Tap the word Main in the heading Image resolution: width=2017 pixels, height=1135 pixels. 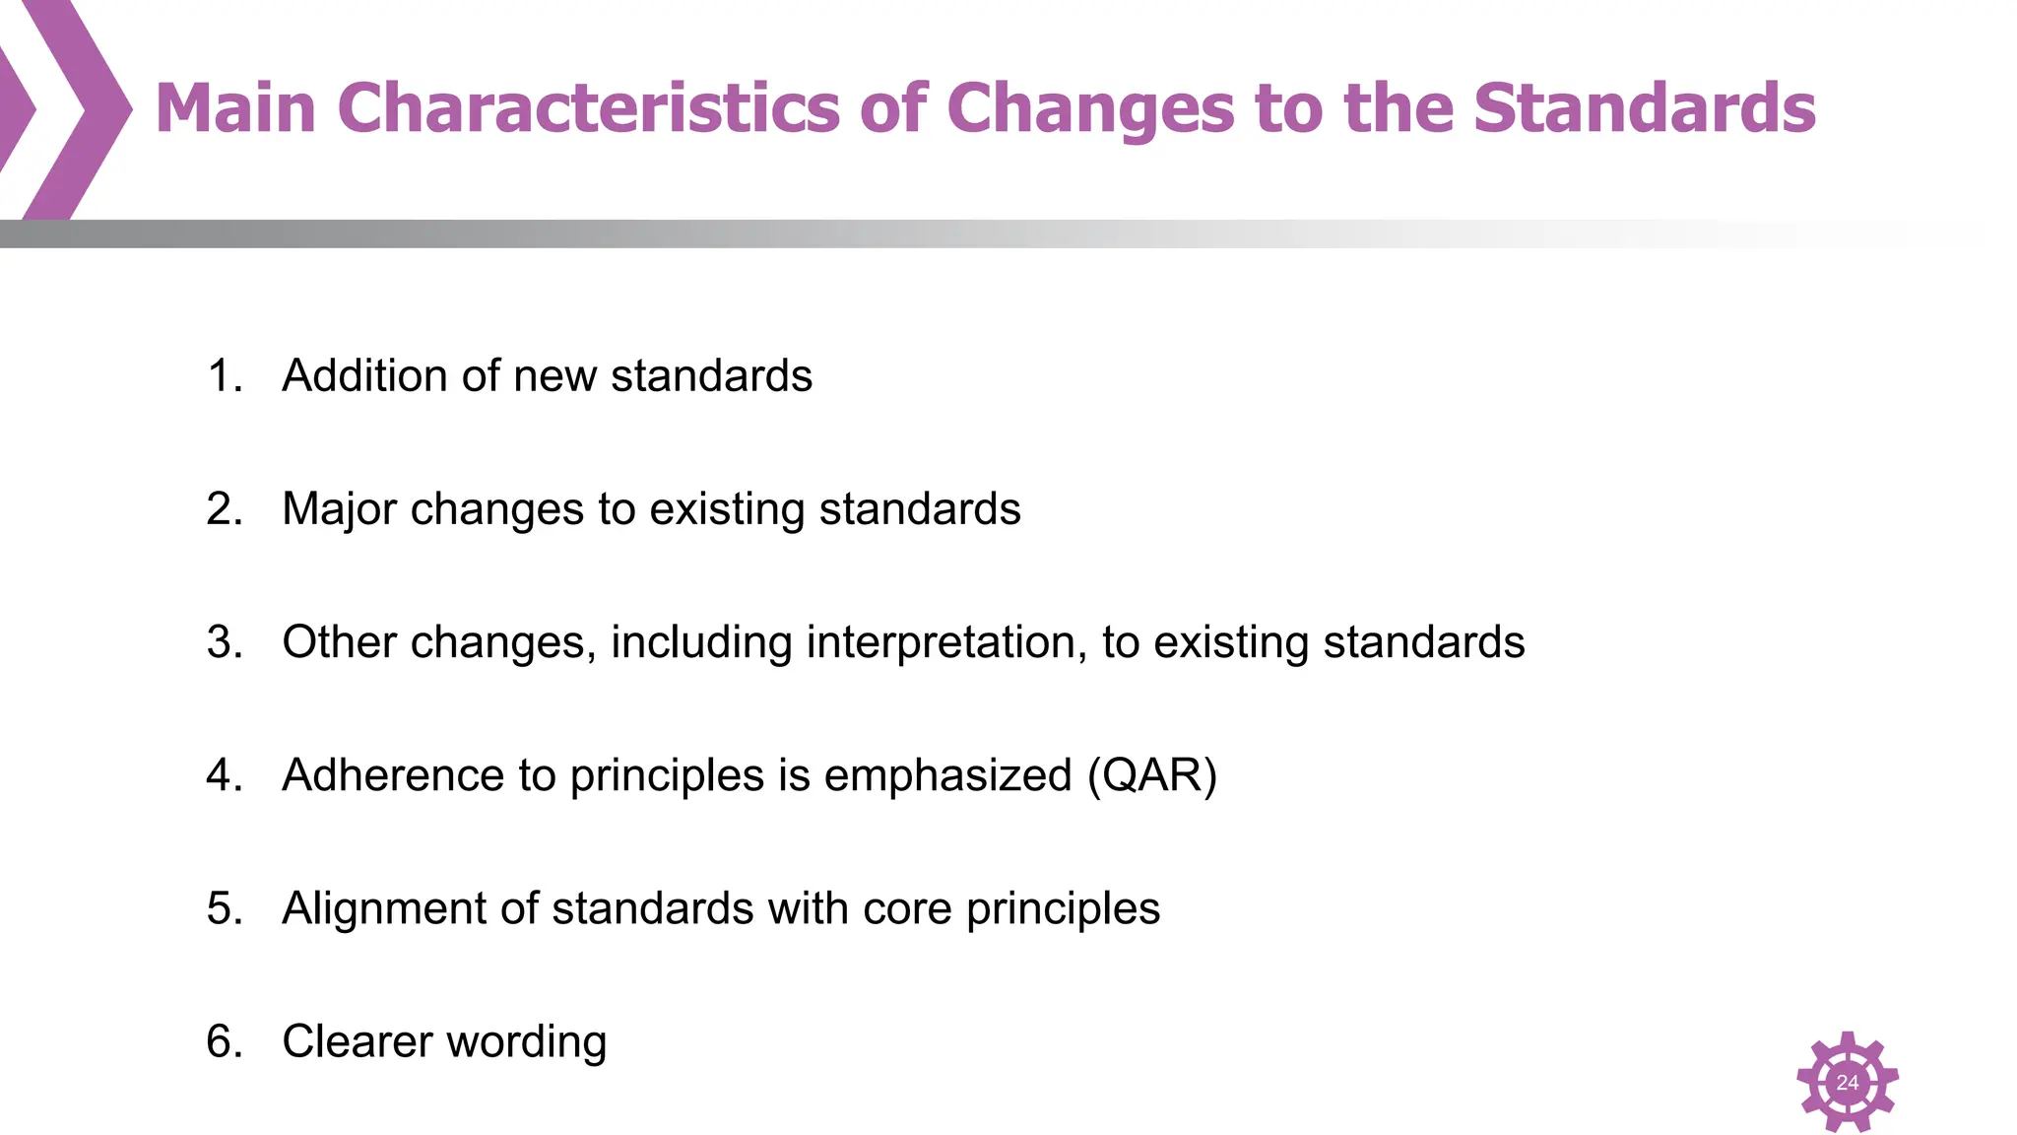(x=235, y=108)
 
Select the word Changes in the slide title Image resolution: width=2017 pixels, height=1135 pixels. (x=1089, y=108)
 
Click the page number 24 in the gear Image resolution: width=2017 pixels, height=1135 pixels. (x=1848, y=1082)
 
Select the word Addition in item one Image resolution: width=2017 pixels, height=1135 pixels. (x=363, y=376)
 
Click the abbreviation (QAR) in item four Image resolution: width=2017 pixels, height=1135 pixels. (x=1152, y=775)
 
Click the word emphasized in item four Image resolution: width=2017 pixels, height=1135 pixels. (x=947, y=775)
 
